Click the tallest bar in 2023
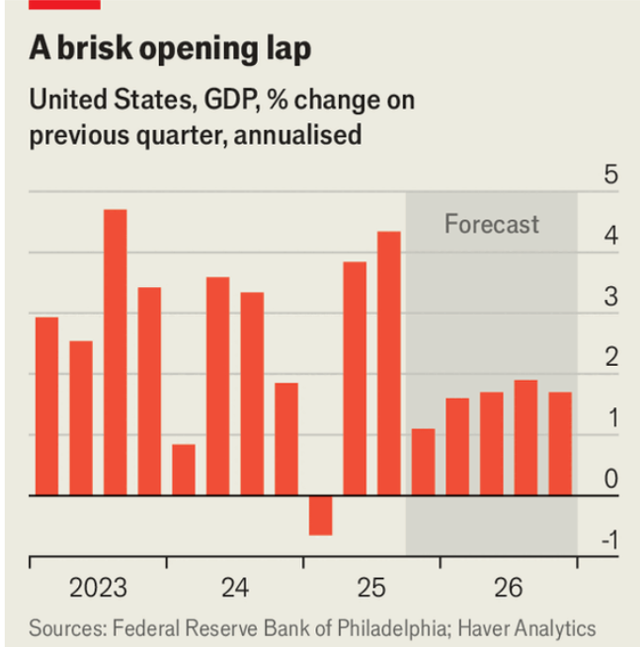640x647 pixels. pyautogui.click(x=115, y=352)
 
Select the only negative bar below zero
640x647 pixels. pyautogui.click(x=320, y=514)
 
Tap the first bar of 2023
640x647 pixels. pyautogui.click(x=47, y=405)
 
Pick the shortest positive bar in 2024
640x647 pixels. pyautogui.click(x=184, y=469)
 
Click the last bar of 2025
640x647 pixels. pyautogui.click(x=389, y=363)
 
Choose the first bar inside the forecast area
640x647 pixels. pyautogui.click(x=424, y=462)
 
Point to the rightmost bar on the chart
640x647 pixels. pyautogui.click(x=560, y=443)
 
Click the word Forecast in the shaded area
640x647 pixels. pyautogui.click(x=491, y=224)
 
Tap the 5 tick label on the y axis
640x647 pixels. pyautogui.click(x=611, y=176)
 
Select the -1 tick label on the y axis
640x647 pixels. pyautogui.click(x=609, y=540)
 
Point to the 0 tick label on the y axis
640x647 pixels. pyautogui.click(x=611, y=480)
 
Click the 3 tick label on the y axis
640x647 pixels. pyautogui.click(x=611, y=298)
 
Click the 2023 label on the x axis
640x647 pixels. pyautogui.click(x=98, y=589)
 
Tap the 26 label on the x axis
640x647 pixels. pyautogui.click(x=508, y=589)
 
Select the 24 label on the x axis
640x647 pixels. pyautogui.click(x=235, y=589)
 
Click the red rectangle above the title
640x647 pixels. pyautogui.click(x=65, y=4)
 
